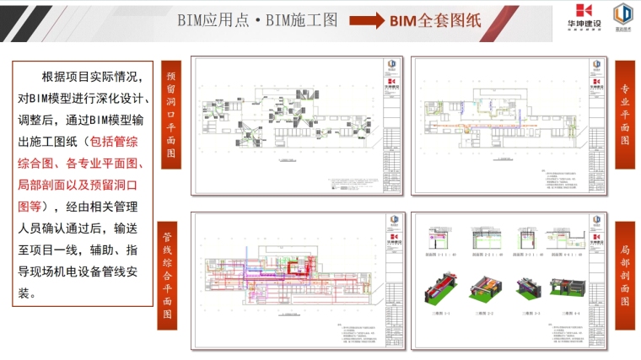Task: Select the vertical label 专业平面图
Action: coord(625,115)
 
